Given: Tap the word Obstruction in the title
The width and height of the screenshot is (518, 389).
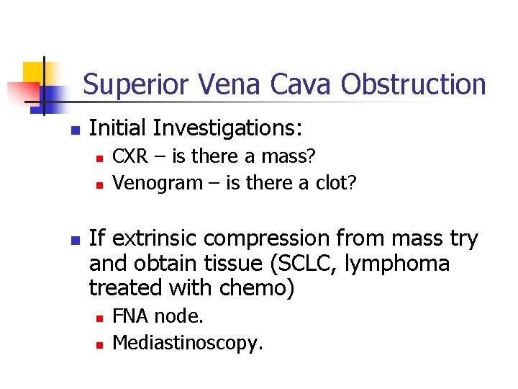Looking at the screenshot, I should click(414, 85).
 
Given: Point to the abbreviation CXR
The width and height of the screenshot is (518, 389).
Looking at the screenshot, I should click(131, 156).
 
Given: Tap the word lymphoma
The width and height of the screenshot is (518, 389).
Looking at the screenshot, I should click(398, 263).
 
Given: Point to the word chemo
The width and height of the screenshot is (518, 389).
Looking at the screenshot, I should click(255, 288).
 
